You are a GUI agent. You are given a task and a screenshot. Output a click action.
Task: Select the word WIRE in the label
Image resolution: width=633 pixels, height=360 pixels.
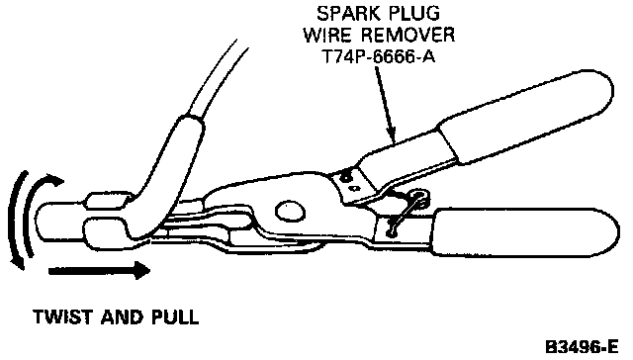click(x=327, y=35)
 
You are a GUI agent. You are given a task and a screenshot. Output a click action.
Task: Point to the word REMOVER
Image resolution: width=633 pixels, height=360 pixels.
click(x=407, y=35)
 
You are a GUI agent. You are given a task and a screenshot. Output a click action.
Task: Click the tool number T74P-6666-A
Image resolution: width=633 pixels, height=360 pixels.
click(x=379, y=55)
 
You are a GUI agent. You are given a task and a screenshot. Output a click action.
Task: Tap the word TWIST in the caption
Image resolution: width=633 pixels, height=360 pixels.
click(x=63, y=316)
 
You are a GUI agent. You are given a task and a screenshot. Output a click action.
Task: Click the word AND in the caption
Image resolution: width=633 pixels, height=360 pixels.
click(x=122, y=316)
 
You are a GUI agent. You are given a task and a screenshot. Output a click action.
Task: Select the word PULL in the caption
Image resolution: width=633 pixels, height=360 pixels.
click(x=175, y=316)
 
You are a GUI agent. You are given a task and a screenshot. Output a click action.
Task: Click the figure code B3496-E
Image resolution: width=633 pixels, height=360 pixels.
click(x=582, y=347)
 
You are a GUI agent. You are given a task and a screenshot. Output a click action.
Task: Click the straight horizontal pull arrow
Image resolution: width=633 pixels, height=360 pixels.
click(x=99, y=270)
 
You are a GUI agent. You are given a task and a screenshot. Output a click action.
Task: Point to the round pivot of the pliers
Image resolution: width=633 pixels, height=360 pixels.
click(x=290, y=211)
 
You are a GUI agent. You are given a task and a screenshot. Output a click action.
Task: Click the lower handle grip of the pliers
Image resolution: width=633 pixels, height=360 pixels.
click(x=525, y=232)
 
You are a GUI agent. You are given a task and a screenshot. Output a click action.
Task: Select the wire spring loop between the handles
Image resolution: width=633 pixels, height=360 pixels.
click(x=407, y=212)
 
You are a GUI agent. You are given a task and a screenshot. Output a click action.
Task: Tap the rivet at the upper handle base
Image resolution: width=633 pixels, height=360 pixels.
click(x=345, y=176)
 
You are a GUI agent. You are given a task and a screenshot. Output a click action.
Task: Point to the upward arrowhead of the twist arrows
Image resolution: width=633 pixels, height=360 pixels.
click(x=53, y=180)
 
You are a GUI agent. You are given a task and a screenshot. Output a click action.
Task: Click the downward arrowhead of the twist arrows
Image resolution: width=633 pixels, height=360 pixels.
click(x=18, y=262)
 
